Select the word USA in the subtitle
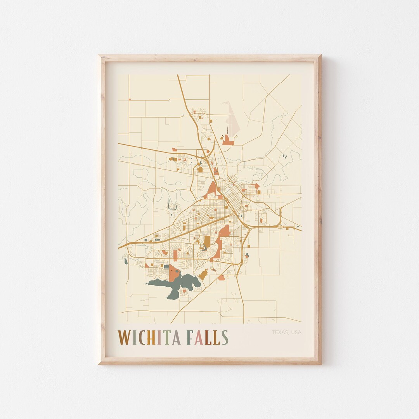[296, 332]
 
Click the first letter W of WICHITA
[124, 338]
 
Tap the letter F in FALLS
[190, 338]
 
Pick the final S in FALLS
[225, 338]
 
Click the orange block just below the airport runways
[228, 141]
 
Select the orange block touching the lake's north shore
[174, 273]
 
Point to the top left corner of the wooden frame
[100, 56]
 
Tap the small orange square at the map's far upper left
[130, 99]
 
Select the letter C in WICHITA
[142, 338]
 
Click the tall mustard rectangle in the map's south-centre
[207, 241]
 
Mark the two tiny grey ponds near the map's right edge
[284, 156]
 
